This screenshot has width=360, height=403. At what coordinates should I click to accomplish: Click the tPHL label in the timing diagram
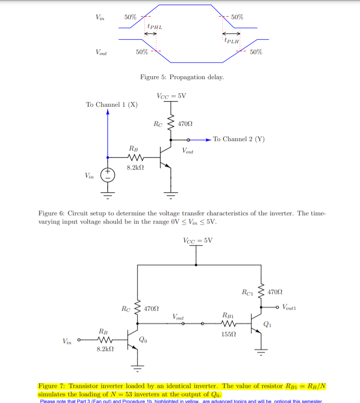pyautogui.click(x=155, y=27)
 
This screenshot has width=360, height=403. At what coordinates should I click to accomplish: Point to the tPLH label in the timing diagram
pyautogui.click(x=232, y=41)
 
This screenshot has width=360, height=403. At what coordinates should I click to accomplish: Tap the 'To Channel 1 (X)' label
pyautogui.click(x=111, y=105)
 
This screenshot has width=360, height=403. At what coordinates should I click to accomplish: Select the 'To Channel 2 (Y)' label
pyautogui.click(x=239, y=139)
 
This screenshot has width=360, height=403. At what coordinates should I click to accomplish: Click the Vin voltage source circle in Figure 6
pyautogui.click(x=108, y=174)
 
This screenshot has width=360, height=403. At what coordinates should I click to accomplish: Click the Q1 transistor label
pyautogui.click(x=267, y=323)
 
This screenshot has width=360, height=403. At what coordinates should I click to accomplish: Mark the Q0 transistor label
pyautogui.click(x=142, y=339)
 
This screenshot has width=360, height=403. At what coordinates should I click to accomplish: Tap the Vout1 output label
pyautogui.click(x=292, y=307)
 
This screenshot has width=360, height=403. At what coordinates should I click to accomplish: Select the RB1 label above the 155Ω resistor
pyautogui.click(x=228, y=315)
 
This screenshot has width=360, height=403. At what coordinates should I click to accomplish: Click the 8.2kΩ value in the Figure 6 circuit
pyautogui.click(x=135, y=168)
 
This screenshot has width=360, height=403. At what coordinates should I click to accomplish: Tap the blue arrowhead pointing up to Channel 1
pyautogui.click(x=108, y=112)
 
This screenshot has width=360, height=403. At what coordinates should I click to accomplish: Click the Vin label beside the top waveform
pyautogui.click(x=100, y=17)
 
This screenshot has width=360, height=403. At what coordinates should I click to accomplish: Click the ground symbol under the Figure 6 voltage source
pyautogui.click(x=108, y=193)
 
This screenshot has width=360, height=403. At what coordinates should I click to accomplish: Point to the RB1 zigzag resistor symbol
pyautogui.click(x=228, y=324)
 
